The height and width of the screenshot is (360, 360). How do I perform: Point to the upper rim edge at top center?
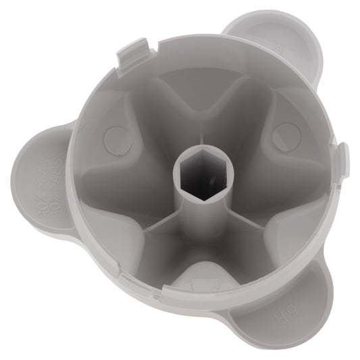pyautogui.click(x=203, y=37)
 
